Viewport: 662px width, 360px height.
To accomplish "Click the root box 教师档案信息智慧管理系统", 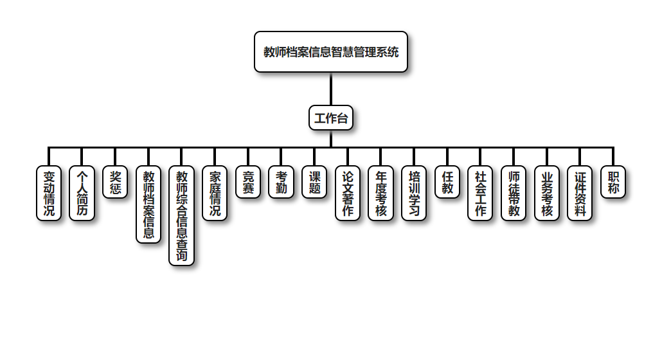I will tap(331, 52).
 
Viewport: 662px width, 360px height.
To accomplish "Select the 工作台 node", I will tap(331, 118).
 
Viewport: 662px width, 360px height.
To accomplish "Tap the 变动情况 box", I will tap(49, 193).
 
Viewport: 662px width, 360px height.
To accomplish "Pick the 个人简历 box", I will tap(82, 193).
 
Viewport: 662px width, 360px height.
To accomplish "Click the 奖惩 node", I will tap(115, 182).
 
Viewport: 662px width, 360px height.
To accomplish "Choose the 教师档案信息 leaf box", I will tap(148, 204).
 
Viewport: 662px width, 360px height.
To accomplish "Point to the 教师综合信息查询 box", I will tap(181, 215).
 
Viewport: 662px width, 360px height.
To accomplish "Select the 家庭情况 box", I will tap(215, 193).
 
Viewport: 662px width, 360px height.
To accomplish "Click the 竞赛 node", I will tap(248, 182).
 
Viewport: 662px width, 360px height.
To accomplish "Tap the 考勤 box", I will tap(281, 182).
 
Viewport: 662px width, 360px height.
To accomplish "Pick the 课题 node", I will tap(314, 182).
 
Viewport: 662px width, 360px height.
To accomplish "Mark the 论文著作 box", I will tap(348, 193).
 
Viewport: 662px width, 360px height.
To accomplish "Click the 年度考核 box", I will tap(380, 193).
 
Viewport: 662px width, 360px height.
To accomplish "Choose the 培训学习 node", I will tap(414, 193).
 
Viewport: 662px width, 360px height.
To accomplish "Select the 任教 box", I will tap(447, 182).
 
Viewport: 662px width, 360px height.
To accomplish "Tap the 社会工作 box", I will tap(480, 193).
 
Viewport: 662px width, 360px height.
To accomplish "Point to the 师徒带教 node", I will tap(514, 193).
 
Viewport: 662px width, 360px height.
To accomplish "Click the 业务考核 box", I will tap(547, 193).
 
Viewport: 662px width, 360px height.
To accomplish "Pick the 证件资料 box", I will tap(580, 193).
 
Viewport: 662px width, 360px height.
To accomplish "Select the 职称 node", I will tap(613, 182).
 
